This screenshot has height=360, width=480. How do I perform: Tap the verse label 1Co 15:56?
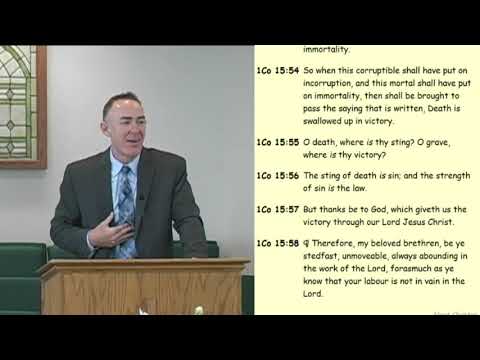pyautogui.click(x=276, y=175)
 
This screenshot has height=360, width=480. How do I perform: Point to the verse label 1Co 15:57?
pyautogui.click(x=276, y=209)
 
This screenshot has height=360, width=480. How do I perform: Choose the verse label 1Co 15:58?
pyautogui.click(x=276, y=243)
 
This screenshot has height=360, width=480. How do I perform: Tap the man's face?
pyautogui.click(x=126, y=130)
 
